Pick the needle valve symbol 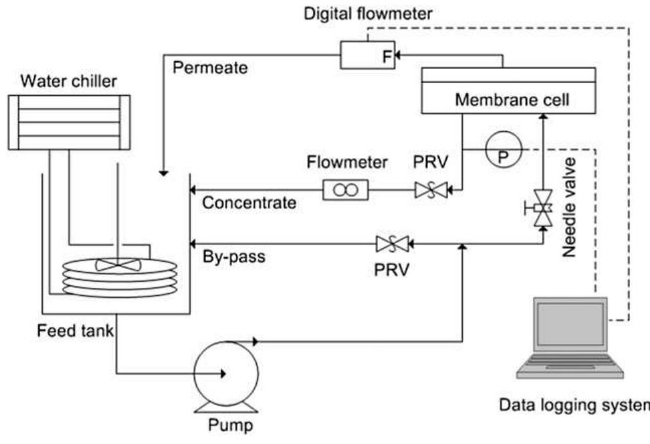(542, 210)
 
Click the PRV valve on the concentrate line (431, 191)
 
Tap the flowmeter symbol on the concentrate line (346, 191)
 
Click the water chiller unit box (69, 123)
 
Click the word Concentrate (249, 203)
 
